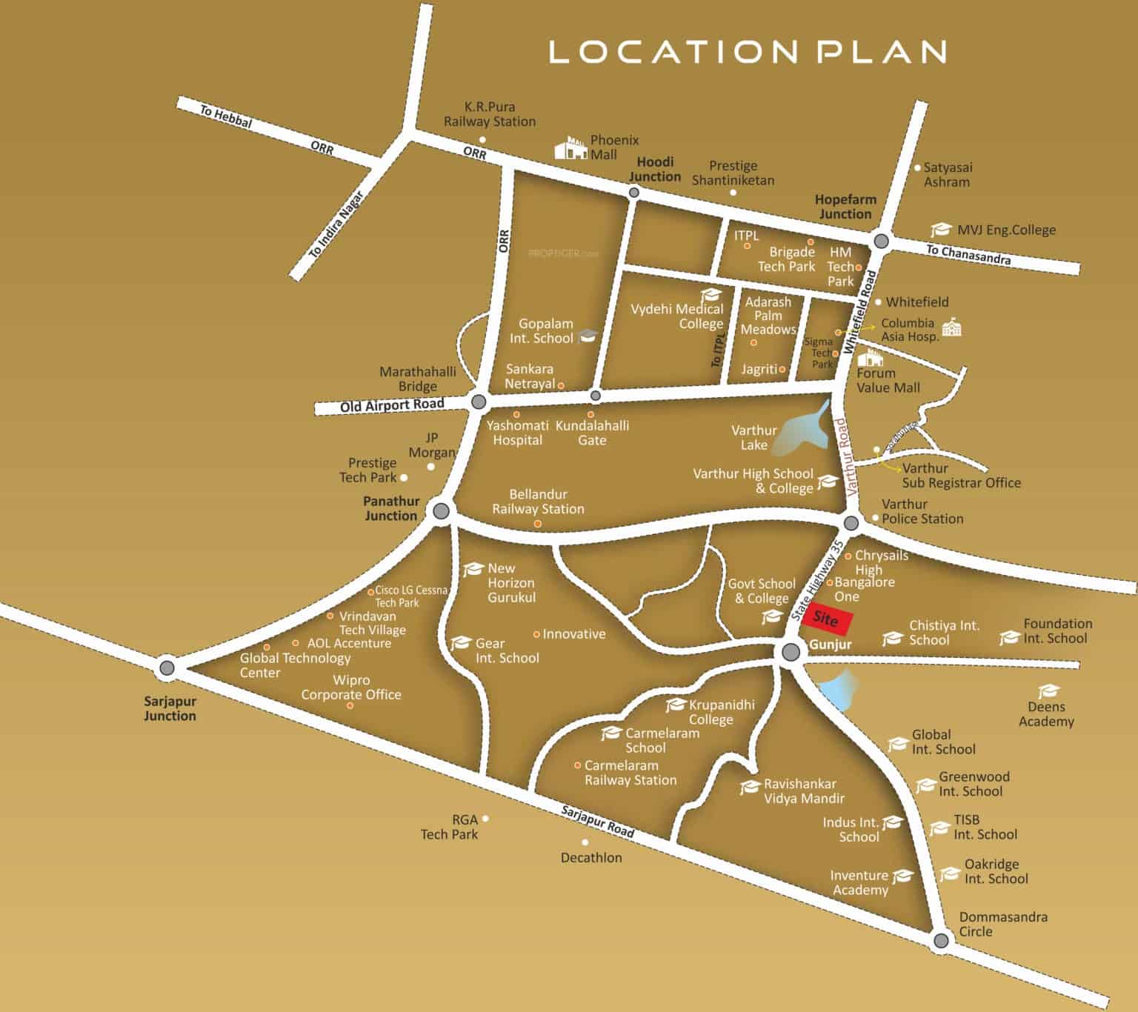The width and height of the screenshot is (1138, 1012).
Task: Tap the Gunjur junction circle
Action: [791, 652]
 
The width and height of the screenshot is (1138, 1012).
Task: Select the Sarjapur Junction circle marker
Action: [167, 668]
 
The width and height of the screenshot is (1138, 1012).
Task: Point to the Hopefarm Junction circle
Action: [881, 241]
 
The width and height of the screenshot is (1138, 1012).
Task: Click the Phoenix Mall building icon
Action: [571, 147]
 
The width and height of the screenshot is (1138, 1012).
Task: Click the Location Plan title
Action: [747, 51]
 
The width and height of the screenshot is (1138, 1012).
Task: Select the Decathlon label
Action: [591, 858]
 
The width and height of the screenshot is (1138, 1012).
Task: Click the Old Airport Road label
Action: [392, 405]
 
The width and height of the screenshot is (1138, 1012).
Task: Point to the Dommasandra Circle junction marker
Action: [941, 941]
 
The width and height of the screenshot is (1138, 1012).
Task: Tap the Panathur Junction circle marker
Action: [441, 510]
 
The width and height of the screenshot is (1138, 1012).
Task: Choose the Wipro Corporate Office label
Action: [351, 688]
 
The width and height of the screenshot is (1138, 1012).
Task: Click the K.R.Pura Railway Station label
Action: [490, 114]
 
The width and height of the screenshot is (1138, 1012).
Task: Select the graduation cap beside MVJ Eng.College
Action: [941, 230]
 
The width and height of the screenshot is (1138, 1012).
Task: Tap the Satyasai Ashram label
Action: [948, 175]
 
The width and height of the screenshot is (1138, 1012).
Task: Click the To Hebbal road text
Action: [226, 117]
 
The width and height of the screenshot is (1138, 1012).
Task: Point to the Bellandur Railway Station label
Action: [538, 502]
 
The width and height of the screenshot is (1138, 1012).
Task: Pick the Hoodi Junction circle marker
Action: [633, 193]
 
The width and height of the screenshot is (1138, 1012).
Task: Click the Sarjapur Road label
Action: [597, 822]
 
